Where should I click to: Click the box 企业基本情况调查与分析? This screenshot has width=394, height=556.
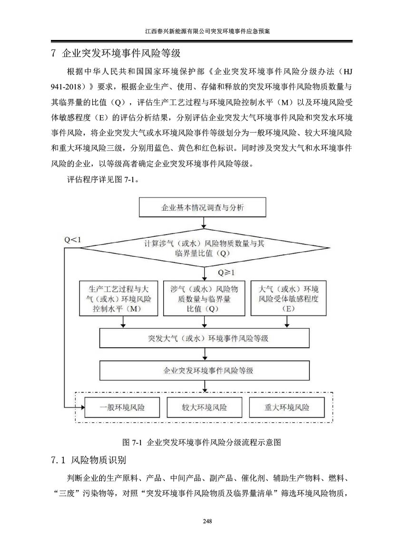202,207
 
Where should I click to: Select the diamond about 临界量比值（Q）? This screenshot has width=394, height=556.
205,248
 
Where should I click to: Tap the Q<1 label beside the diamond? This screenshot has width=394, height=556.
72,240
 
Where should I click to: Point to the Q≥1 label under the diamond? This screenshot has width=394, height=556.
226,273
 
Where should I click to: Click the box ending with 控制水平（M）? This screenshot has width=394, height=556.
118,298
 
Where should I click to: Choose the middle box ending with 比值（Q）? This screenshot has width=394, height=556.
204,298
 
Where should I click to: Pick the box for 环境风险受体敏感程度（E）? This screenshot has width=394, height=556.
288,298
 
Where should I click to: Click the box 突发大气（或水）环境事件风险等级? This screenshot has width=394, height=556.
204,338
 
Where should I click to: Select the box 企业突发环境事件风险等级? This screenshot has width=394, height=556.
204,371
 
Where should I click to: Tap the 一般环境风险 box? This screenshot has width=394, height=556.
122,407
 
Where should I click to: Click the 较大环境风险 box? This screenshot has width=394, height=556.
204,407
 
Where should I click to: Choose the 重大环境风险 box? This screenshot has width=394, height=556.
287,407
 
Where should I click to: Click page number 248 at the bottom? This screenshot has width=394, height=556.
207,521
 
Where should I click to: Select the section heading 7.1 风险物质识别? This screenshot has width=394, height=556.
89,460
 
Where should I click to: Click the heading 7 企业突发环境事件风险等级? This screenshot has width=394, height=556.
116,53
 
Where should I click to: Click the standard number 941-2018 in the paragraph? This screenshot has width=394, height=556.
68,87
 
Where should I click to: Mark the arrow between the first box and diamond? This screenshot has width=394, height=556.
204,222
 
